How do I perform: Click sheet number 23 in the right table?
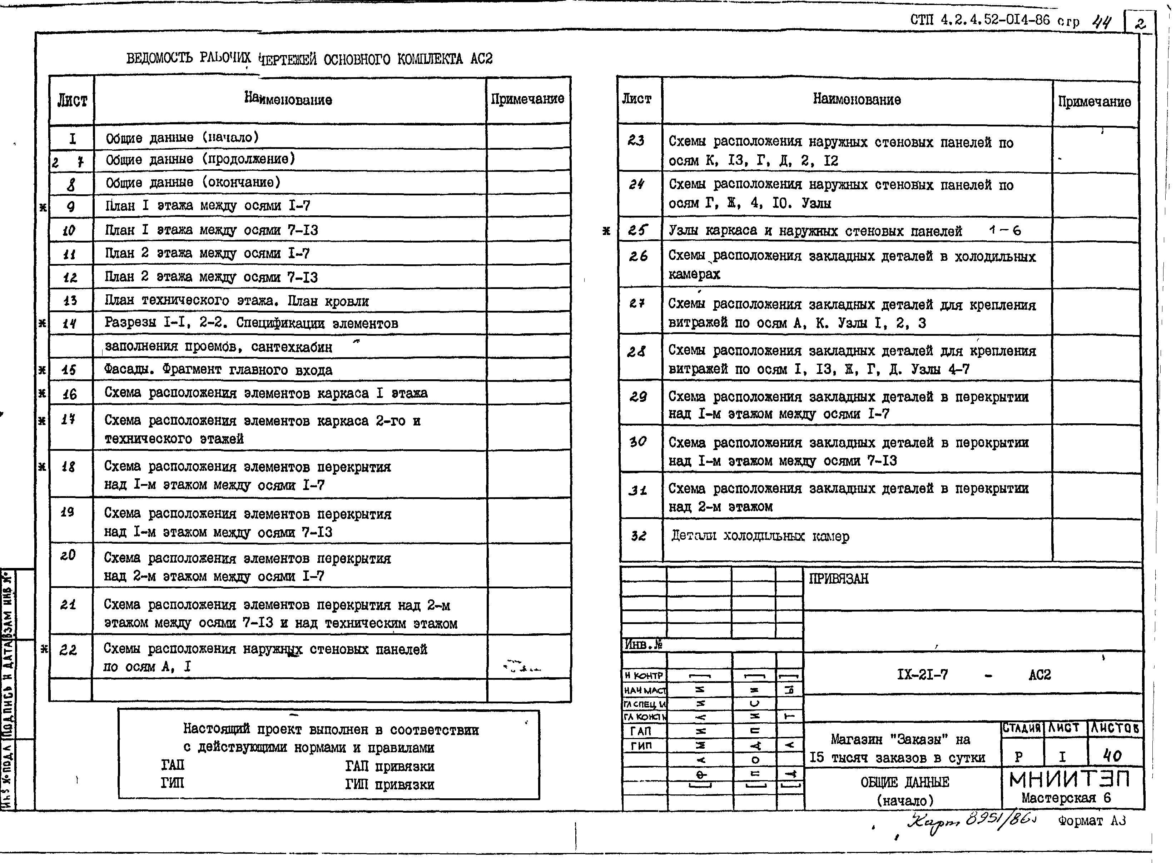636,140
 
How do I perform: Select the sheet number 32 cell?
638,536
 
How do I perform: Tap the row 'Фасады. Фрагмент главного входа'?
218,370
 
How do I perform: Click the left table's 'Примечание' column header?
527,99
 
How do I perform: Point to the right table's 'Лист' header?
637,99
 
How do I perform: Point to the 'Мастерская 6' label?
1066,798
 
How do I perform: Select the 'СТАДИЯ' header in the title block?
1022,728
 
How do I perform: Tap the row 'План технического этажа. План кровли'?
236,301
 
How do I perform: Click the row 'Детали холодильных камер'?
760,536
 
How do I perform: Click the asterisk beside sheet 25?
606,230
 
